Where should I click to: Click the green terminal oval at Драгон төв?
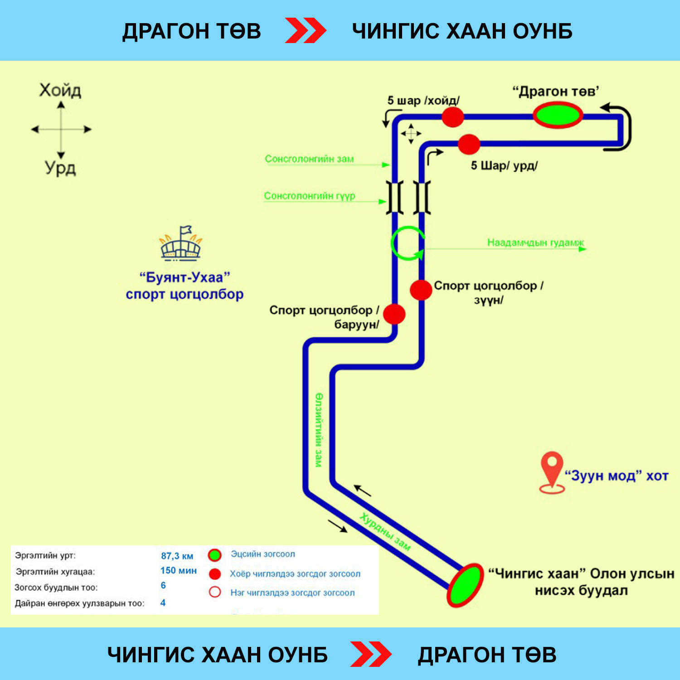point(557,115)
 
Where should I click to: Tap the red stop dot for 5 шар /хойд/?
point(452,117)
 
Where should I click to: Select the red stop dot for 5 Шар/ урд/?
point(469,144)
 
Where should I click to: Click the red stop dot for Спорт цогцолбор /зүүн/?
point(421,290)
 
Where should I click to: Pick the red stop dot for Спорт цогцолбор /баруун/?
point(394,314)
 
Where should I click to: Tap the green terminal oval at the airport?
point(465,585)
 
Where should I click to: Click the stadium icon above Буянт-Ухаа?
point(181,244)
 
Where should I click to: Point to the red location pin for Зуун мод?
point(552,471)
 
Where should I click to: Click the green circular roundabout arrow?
point(408,243)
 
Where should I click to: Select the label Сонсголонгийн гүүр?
point(310,196)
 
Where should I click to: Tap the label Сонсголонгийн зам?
point(309,159)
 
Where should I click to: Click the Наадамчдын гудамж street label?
point(535,243)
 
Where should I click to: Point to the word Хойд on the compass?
point(60,91)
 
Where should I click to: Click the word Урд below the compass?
point(60,168)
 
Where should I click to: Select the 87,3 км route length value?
point(177,556)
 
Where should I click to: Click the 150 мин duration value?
point(178,571)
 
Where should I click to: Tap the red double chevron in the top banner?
point(306,31)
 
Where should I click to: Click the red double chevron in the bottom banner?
point(371,654)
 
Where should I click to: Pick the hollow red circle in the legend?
point(215,592)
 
